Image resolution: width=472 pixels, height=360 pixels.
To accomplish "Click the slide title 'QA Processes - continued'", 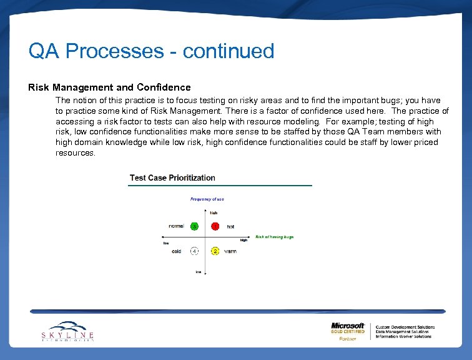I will pos(151,51).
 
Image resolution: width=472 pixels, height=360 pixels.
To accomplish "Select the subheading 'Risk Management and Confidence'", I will pos(109,87).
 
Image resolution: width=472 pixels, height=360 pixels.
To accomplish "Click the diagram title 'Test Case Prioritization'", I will pos(172,177).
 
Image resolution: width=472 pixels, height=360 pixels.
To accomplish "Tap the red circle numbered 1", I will pos(215,226).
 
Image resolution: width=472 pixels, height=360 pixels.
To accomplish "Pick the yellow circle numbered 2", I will pos(215,251).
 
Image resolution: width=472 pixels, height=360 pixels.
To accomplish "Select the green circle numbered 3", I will pos(194,226).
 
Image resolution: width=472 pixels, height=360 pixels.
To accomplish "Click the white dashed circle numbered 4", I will pos(194,251).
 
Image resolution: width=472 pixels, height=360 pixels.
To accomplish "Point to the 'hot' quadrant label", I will pos(230,226).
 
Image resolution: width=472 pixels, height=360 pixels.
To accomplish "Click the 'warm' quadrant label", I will pos(230,251).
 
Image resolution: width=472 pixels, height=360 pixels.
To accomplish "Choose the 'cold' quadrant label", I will pos(177,251).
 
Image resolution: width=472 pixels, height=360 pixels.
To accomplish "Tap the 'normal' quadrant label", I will pos(176,226).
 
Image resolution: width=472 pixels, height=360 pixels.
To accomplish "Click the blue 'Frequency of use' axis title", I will pos(207,199).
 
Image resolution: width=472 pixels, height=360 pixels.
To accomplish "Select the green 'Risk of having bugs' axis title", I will pos(274,237).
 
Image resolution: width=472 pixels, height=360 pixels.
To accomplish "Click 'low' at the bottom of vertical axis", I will pos(199,272).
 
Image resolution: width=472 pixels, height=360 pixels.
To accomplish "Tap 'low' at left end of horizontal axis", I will pos(166,243).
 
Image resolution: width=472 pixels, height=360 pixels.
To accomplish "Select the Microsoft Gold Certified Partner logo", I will pos(348,331).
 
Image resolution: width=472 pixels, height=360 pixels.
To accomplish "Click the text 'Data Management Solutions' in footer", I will pos(403,331).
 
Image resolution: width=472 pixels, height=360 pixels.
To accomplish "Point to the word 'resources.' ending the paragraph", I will pos(76,152).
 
